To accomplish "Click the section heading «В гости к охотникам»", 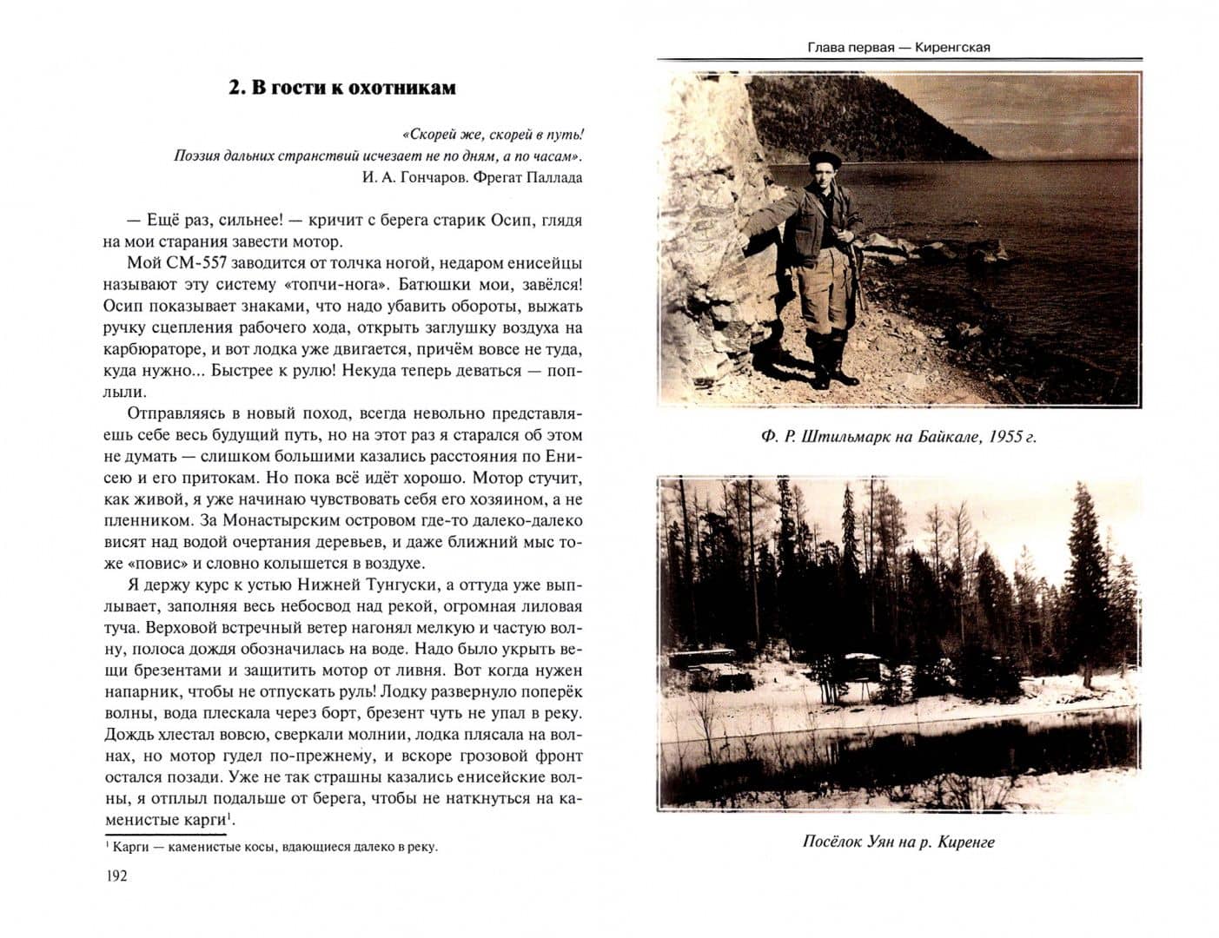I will (x=341, y=88).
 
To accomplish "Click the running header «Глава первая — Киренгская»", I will (x=898, y=47).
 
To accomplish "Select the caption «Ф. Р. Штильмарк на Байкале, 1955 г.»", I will (x=898, y=436).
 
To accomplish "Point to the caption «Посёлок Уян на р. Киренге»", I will (x=898, y=842).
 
